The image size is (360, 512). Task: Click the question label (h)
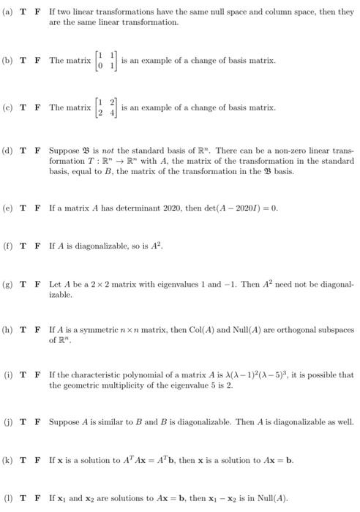tap(7, 331)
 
